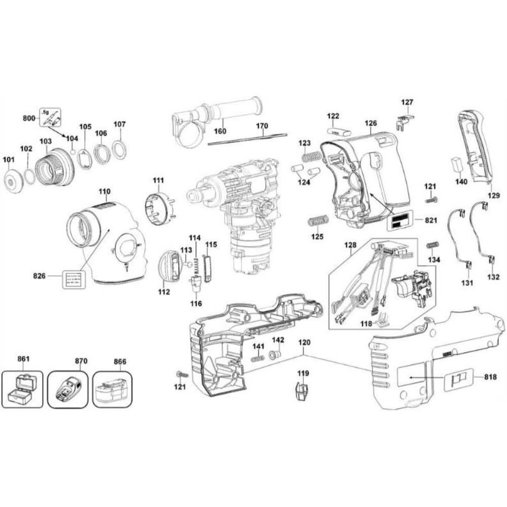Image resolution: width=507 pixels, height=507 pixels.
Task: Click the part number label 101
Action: [x=9, y=160]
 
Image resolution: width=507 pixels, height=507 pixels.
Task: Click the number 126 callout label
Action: [x=371, y=123]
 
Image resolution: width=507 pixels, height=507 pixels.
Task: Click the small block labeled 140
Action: [x=456, y=165]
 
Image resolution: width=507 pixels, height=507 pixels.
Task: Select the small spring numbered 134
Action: [x=432, y=245]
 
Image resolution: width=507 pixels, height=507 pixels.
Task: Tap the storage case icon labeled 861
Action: [x=23, y=388]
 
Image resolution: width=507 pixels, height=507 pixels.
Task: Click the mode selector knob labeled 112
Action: [x=169, y=266]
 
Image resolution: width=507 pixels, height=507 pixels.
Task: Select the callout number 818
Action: [x=490, y=377]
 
